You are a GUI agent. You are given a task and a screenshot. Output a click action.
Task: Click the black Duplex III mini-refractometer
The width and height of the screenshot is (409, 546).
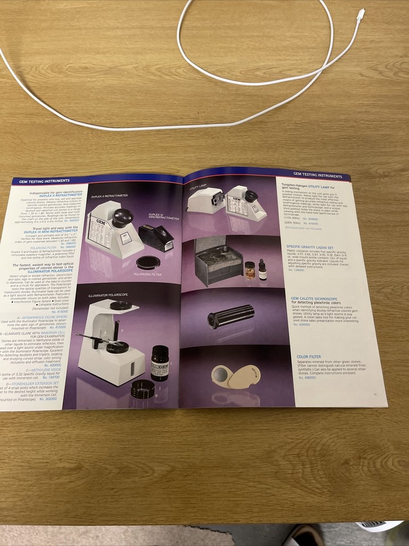pyautogui.click(x=156, y=237)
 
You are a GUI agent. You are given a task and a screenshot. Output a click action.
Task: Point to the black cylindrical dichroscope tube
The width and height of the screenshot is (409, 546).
pyautogui.click(x=231, y=316)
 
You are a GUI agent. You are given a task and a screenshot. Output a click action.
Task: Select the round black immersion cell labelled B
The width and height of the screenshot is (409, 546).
pyautogui.click(x=142, y=389)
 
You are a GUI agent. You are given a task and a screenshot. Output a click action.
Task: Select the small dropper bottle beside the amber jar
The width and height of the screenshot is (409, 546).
pyautogui.click(x=262, y=270)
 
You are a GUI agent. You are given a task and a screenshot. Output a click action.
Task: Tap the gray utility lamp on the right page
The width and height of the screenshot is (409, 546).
pyautogui.click(x=206, y=199)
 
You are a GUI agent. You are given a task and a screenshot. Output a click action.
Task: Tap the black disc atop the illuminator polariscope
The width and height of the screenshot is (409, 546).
pyautogui.click(x=120, y=306)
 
